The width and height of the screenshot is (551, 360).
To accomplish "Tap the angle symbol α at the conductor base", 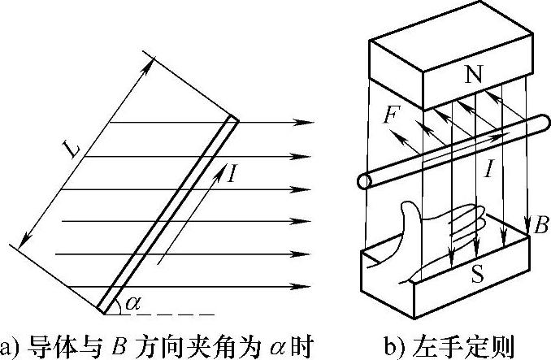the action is (133, 303).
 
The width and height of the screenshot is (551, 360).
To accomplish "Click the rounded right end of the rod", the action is (540, 124).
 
